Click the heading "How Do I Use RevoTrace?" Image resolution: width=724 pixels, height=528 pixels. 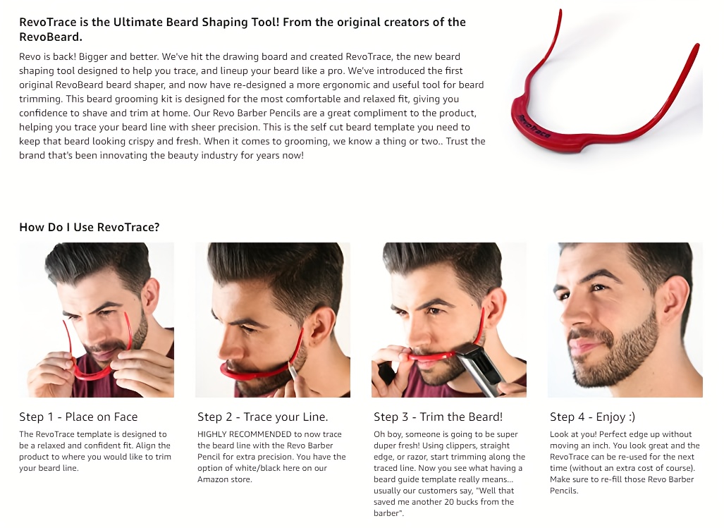(x=89, y=227)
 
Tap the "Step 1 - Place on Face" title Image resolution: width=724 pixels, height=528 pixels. (x=78, y=417)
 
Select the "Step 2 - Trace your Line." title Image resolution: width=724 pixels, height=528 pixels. (x=263, y=417)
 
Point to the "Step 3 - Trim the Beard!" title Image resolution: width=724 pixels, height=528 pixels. (x=438, y=417)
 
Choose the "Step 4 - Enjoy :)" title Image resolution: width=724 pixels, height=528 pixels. (x=592, y=417)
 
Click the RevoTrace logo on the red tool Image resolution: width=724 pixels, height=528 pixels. (x=534, y=126)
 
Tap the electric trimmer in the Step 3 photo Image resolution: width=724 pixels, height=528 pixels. (x=480, y=369)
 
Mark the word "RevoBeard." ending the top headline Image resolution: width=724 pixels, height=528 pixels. (x=51, y=37)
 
